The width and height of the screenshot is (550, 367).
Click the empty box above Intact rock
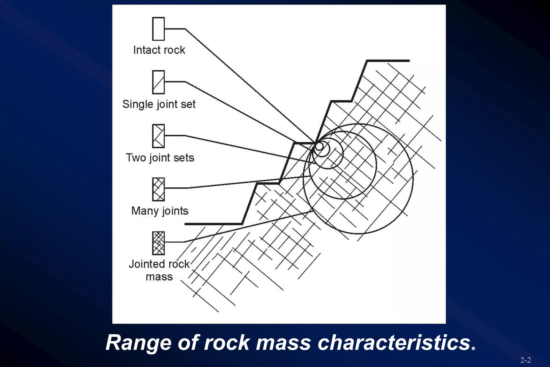click(x=158, y=29)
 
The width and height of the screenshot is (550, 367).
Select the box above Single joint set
click(x=158, y=82)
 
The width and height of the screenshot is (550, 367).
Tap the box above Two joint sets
click(x=158, y=136)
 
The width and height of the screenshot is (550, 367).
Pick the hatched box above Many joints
click(x=158, y=189)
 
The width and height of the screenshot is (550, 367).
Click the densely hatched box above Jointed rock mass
click(x=158, y=243)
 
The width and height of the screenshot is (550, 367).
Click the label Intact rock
click(x=159, y=50)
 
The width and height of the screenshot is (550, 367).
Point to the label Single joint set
click(x=159, y=104)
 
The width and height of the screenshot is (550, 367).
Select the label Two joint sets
click(x=160, y=158)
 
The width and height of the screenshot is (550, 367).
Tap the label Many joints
click(x=160, y=211)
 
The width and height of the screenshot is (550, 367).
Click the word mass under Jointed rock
click(x=159, y=277)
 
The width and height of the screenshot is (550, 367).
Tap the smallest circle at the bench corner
click(x=319, y=146)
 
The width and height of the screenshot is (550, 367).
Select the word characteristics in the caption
click(x=394, y=343)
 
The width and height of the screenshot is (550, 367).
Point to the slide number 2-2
click(x=526, y=360)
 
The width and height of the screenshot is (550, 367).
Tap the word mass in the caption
click(x=283, y=343)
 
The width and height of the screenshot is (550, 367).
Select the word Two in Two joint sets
click(x=136, y=158)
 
